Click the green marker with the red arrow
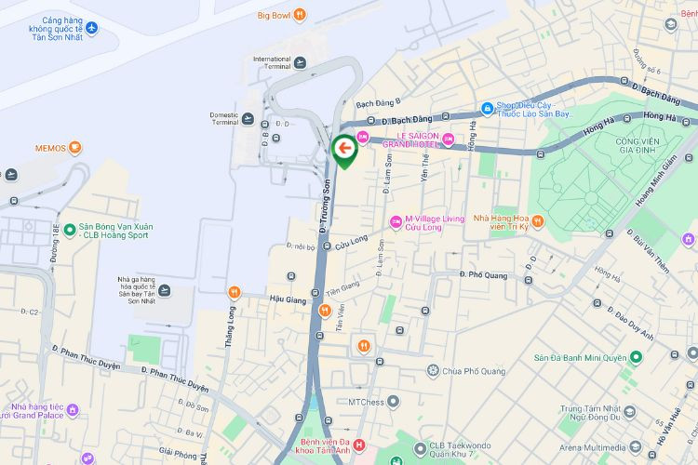[x=344, y=149]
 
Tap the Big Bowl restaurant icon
[x=300, y=15]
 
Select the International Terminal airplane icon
[x=300, y=63]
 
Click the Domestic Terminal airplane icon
[x=248, y=118]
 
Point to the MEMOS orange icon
[x=74, y=148]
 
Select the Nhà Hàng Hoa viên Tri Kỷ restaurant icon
[x=538, y=220]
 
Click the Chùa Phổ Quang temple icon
[x=433, y=371]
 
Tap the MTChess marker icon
[x=394, y=402]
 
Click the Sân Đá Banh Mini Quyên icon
[x=637, y=357]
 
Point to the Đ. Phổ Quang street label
[x=484, y=274]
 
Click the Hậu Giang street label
[x=287, y=299]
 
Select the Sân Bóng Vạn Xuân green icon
[x=70, y=229]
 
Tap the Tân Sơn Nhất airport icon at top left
[x=91, y=27]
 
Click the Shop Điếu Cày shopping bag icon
[x=486, y=108]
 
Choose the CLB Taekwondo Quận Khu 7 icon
[x=420, y=446]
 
